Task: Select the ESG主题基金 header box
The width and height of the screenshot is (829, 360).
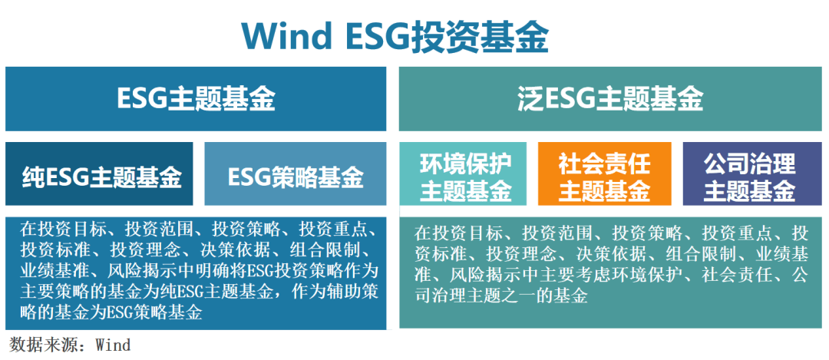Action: [x=196, y=98]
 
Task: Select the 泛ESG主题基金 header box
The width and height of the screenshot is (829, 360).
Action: [x=610, y=98]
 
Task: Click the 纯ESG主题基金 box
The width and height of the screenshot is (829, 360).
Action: [x=101, y=177]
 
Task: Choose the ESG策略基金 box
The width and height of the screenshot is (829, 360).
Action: [x=296, y=177]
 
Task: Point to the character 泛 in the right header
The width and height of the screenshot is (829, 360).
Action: [x=529, y=98]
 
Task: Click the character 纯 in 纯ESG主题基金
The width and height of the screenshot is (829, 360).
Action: [x=34, y=177]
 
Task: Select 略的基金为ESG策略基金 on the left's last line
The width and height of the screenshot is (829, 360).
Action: [x=111, y=312]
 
